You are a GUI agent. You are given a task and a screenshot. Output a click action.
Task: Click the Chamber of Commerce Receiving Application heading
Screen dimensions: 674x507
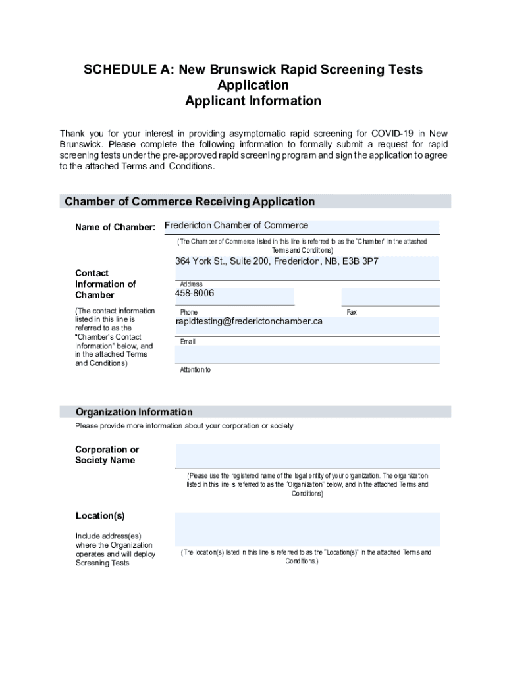pos(190,202)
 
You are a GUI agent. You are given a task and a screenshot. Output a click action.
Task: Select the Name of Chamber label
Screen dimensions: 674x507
pos(115,228)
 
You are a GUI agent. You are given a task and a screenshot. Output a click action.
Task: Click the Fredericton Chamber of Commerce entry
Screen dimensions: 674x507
pos(236,226)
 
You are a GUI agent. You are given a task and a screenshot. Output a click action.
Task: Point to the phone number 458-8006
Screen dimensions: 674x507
pos(194,293)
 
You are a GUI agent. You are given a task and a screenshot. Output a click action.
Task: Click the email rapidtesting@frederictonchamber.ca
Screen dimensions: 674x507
pos(249,322)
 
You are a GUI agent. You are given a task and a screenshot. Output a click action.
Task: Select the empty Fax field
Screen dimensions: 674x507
pos(389,296)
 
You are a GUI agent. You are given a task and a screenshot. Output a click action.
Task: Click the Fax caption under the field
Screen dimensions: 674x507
pos(352,313)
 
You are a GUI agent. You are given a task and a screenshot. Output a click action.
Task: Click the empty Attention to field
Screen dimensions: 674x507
pos(307,354)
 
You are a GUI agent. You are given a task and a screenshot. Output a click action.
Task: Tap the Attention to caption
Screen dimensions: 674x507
pos(196,370)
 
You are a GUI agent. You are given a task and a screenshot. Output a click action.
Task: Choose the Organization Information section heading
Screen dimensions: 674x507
pos(134,412)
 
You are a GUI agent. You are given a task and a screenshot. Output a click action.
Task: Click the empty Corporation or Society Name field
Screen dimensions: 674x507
pos(307,455)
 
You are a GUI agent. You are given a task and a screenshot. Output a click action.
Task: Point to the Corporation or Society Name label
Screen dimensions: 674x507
pos(107,455)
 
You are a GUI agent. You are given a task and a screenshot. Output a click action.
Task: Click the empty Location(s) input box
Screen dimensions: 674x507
pos(307,529)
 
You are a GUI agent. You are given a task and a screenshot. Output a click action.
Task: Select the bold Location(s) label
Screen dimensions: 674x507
pos(100,515)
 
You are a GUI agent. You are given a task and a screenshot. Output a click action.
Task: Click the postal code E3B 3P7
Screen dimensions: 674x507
pos(361,261)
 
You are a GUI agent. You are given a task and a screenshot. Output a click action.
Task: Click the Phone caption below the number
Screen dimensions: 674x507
pos(188,313)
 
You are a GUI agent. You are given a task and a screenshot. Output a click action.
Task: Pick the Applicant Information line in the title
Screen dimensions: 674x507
pos(253,101)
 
